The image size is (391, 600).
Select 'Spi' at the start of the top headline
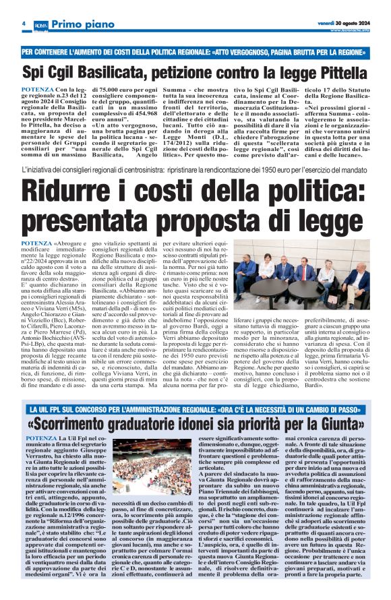point(34,72)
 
